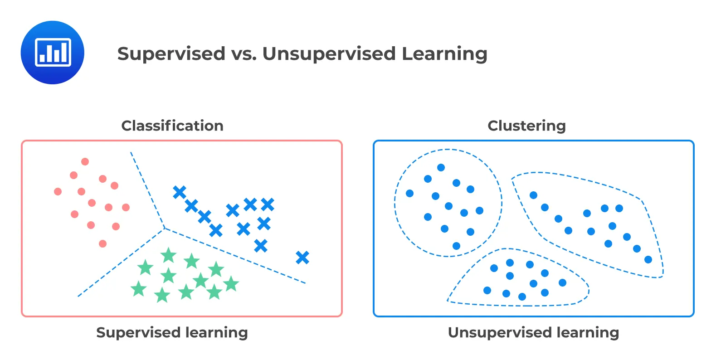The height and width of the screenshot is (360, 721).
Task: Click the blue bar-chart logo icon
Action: [53, 53]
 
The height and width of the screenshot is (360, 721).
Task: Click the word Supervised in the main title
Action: [171, 54]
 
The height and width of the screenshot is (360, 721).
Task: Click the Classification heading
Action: [172, 126]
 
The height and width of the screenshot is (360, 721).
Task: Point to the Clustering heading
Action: [526, 126]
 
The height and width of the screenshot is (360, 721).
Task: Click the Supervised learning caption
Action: [172, 332]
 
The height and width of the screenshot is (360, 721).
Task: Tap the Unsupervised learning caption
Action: [533, 332]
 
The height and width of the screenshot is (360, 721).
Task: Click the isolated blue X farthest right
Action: [302, 258]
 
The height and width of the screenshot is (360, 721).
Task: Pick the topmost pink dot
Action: [85, 161]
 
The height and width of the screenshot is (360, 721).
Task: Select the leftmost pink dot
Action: [58, 191]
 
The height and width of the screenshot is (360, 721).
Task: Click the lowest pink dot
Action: [102, 243]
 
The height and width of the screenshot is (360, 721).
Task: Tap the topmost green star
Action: [168, 255]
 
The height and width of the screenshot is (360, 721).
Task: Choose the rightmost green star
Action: [231, 284]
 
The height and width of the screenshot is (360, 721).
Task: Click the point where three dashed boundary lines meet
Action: [164, 228]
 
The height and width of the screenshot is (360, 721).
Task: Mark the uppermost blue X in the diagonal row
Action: [180, 192]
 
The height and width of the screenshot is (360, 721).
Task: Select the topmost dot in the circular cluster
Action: [441, 167]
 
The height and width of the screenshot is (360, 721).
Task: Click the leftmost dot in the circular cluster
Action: [409, 193]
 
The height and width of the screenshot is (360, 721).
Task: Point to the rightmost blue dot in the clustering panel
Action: [648, 259]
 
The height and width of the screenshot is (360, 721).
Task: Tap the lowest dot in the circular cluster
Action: [456, 246]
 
